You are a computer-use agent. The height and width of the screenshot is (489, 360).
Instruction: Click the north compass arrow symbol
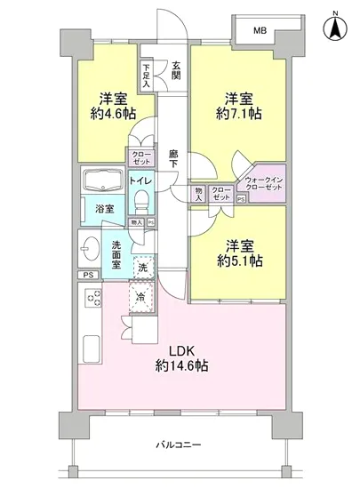[x=335, y=28]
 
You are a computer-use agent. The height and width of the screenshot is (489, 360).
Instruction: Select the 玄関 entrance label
[x=177, y=69]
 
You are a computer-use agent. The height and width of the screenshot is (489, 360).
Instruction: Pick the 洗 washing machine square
[x=141, y=266]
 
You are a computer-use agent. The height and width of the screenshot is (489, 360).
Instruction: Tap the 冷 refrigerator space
[x=140, y=298]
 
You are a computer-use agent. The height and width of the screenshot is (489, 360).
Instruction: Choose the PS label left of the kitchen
[x=87, y=276]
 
